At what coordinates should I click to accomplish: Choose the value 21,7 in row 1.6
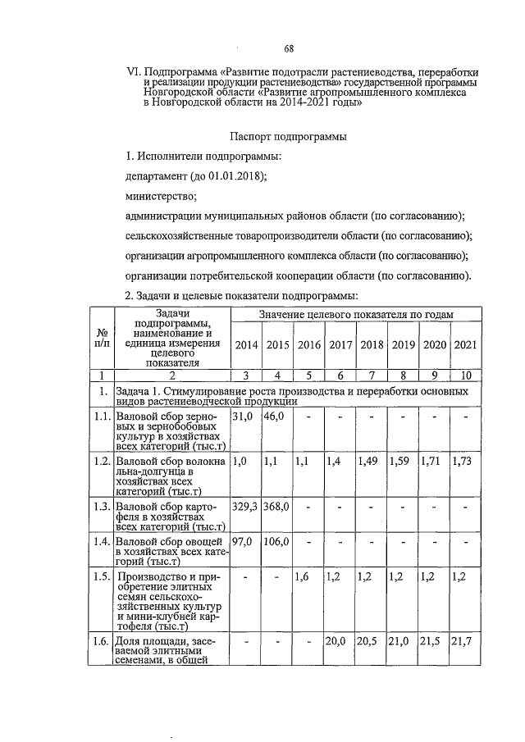(x=463, y=642)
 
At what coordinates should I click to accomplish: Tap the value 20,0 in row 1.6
(x=338, y=642)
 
